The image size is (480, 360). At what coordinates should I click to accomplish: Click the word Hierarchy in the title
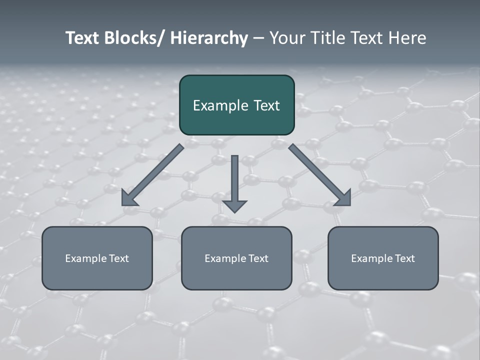click(209, 38)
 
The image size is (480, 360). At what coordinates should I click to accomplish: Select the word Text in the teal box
click(265, 105)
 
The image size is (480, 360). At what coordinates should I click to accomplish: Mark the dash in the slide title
click(258, 38)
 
